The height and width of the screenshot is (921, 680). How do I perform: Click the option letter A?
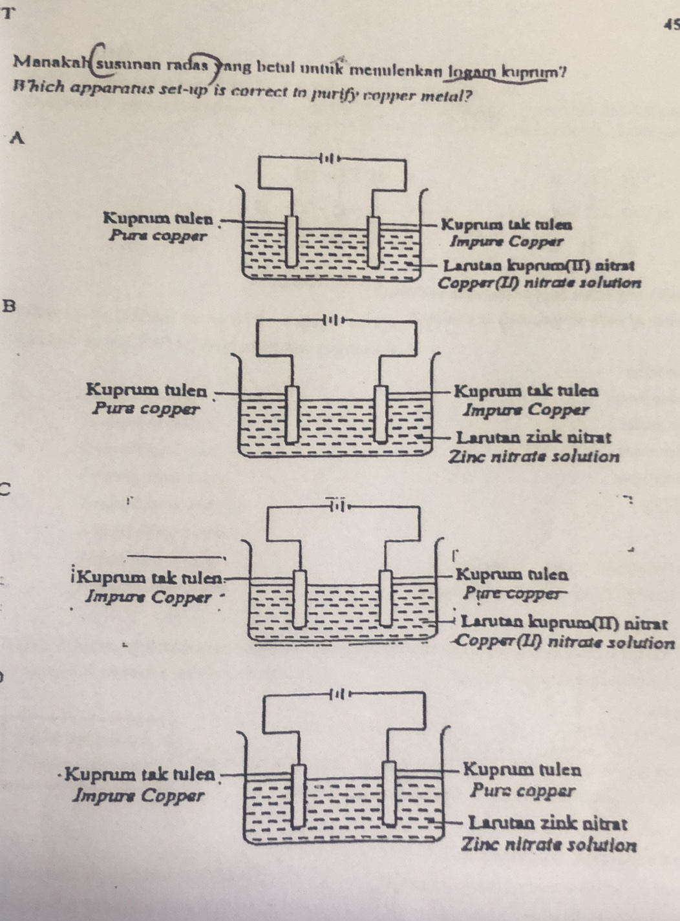[19, 137]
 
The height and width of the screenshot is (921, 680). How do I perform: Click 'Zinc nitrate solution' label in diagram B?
[534, 457]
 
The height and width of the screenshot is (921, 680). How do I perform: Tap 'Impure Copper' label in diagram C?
[148, 597]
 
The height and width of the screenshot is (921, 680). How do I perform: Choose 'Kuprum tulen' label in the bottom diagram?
[522, 770]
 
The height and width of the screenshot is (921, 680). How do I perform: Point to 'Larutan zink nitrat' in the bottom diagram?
[547, 823]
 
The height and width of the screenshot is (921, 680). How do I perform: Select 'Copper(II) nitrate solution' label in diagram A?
[539, 282]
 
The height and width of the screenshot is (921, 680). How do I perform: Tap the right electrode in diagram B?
[382, 413]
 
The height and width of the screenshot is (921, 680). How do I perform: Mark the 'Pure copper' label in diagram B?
[145, 408]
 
